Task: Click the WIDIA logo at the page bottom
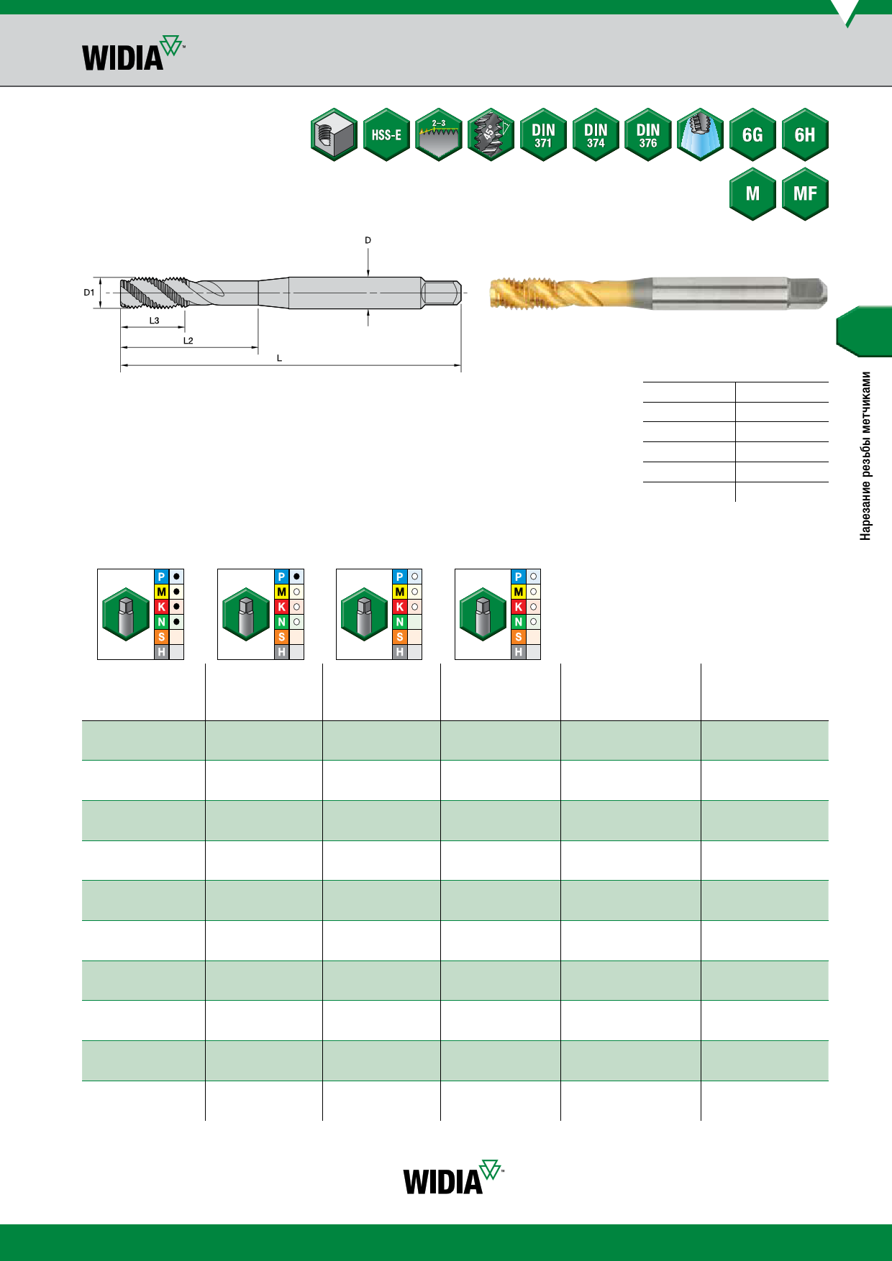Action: [453, 1177]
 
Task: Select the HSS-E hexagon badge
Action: [386, 134]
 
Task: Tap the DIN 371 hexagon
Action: [543, 134]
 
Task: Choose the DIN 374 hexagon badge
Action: [596, 134]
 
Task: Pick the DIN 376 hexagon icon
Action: [648, 134]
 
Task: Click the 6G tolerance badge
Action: [752, 134]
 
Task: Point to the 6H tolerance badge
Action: [805, 134]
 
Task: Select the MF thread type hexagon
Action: [805, 193]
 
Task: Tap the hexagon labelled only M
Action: [752, 193]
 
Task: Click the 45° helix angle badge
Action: [491, 134]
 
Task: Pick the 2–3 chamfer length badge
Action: [439, 134]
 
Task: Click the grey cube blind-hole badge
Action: [334, 134]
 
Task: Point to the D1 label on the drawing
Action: [89, 293]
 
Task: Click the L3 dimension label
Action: [154, 321]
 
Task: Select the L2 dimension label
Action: [188, 341]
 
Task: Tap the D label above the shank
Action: [368, 240]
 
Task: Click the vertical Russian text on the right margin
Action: [866, 456]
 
